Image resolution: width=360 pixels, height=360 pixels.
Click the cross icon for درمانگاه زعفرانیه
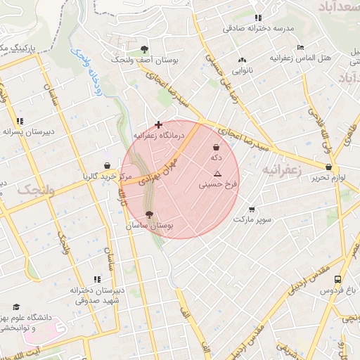coord(158,124)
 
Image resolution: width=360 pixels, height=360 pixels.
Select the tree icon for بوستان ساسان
coord(148,215)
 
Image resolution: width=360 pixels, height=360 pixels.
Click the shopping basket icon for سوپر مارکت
coord(252,210)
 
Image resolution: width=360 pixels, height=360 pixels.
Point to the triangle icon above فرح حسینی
coord(217,174)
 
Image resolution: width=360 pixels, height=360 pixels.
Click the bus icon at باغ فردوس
coord(339,279)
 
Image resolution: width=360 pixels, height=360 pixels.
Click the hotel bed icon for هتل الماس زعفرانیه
coord(301,47)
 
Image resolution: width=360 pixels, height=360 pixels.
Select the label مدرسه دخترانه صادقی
coord(258,29)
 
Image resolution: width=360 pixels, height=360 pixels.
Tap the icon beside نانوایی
coord(242,60)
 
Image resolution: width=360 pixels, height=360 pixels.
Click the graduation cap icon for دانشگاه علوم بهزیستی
coord(16,307)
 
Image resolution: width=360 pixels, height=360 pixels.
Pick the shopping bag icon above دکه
coord(216,148)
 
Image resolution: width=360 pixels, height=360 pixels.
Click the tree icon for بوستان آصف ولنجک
coord(144,49)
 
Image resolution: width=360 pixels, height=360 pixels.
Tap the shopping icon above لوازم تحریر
coord(328,167)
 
